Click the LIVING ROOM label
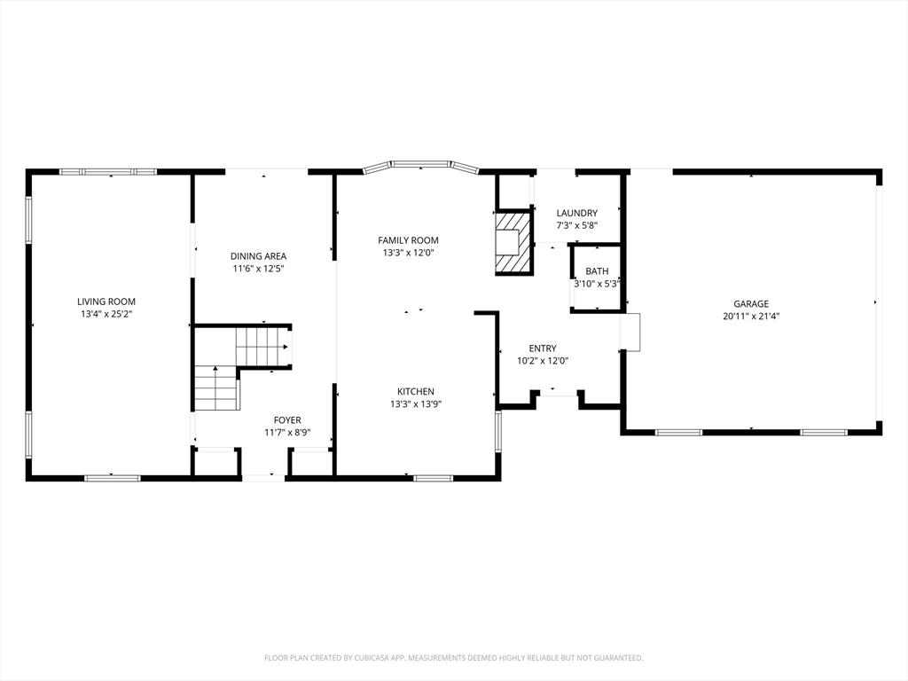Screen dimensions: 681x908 tap(106, 301)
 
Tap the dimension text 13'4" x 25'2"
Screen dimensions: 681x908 tap(106, 314)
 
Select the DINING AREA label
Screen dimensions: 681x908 tap(258, 256)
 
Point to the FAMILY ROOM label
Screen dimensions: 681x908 tap(408, 240)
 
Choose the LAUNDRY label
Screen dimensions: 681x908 tap(576, 213)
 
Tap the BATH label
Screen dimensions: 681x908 tap(596, 271)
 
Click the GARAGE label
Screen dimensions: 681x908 tap(750, 303)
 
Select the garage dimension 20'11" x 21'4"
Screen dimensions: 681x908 tap(750, 316)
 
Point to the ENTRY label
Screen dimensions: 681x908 tap(542, 348)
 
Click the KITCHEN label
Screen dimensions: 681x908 tap(415, 391)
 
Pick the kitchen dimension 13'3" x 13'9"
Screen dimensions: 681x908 tap(415, 403)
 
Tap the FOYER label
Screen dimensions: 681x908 tap(286, 420)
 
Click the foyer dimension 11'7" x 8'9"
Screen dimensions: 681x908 tap(286, 433)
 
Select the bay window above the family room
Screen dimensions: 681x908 tap(420, 165)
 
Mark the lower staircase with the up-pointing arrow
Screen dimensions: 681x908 tap(216, 388)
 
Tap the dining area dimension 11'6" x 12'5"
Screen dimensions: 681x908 tap(258, 269)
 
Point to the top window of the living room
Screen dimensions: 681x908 tap(107, 171)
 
